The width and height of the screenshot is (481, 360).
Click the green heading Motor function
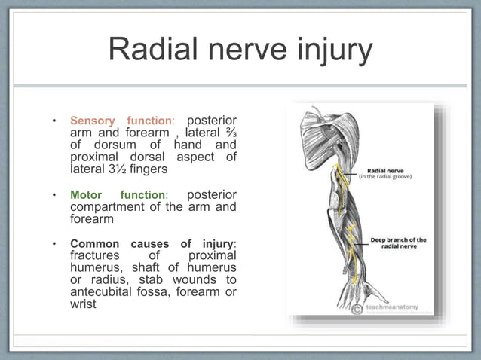point(117,195)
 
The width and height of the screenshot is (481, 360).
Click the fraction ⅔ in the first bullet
point(229,133)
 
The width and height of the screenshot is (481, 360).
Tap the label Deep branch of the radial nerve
point(397,243)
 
